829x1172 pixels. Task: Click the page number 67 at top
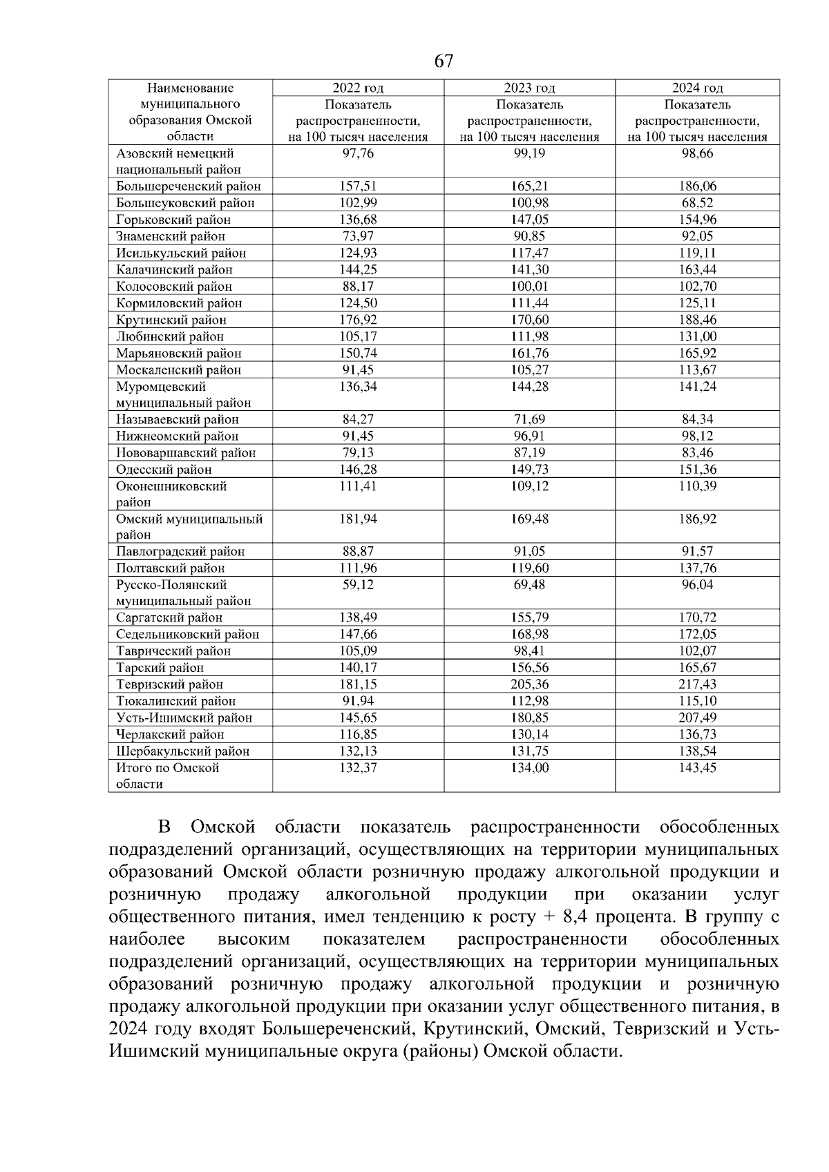444,61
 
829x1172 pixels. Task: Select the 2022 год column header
358,88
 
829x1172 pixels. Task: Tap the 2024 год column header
698,88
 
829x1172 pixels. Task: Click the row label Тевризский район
170,684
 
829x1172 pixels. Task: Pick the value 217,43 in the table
698,684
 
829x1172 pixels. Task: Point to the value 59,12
358,585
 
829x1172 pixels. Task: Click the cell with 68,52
698,203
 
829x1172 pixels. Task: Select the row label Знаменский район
171,236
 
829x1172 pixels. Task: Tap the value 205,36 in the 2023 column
529,684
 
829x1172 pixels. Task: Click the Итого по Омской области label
167,776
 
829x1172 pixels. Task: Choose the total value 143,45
698,768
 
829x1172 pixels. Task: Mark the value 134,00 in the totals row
529,768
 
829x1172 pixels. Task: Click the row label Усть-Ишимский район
184,718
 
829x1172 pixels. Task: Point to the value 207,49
698,718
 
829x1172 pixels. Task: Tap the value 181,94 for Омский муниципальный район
358,519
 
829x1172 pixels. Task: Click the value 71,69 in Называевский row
529,419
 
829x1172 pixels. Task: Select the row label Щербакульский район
183,751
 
